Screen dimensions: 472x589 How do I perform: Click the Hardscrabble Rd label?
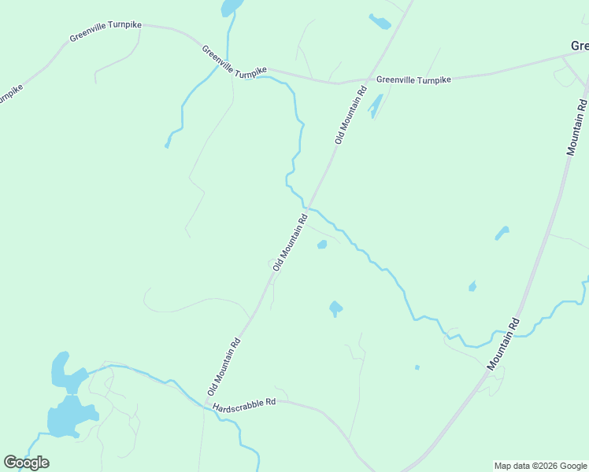click(x=244, y=404)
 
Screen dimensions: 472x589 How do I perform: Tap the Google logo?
click(x=26, y=463)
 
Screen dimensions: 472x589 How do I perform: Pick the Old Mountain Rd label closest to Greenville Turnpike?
click(x=351, y=115)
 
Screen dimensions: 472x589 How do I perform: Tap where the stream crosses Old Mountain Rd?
click(x=309, y=208)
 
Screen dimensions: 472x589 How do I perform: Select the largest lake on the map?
click(x=69, y=418)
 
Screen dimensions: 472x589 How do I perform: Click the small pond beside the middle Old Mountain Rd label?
click(x=321, y=245)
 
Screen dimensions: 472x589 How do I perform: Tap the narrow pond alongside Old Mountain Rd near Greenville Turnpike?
click(x=375, y=105)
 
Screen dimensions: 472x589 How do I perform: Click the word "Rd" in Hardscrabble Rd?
click(x=269, y=401)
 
